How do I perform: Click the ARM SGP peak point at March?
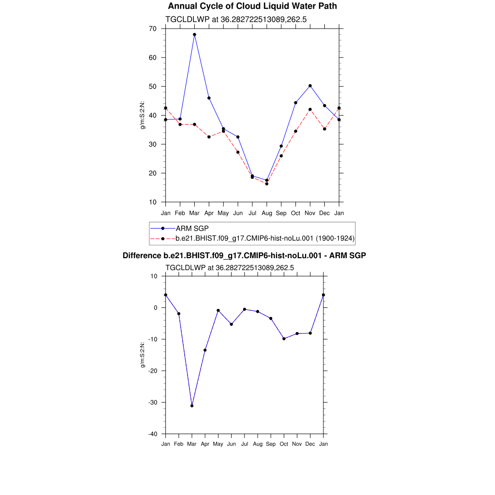194,34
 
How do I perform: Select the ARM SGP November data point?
310,86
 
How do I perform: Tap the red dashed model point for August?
266,184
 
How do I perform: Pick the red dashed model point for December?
324,129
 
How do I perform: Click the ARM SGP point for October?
295,102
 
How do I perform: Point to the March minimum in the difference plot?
192,406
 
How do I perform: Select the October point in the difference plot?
284,338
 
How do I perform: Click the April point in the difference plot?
205,350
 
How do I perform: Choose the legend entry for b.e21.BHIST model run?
265,238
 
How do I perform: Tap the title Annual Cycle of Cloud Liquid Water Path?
252,6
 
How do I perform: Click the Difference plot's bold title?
244,255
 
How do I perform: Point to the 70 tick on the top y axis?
152,29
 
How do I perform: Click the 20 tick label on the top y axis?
152,173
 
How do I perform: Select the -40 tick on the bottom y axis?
153,434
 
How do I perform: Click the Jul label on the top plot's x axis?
252,213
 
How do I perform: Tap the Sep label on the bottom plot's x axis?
271,444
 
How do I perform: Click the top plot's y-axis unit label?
143,115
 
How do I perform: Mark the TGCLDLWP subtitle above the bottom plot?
230,267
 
